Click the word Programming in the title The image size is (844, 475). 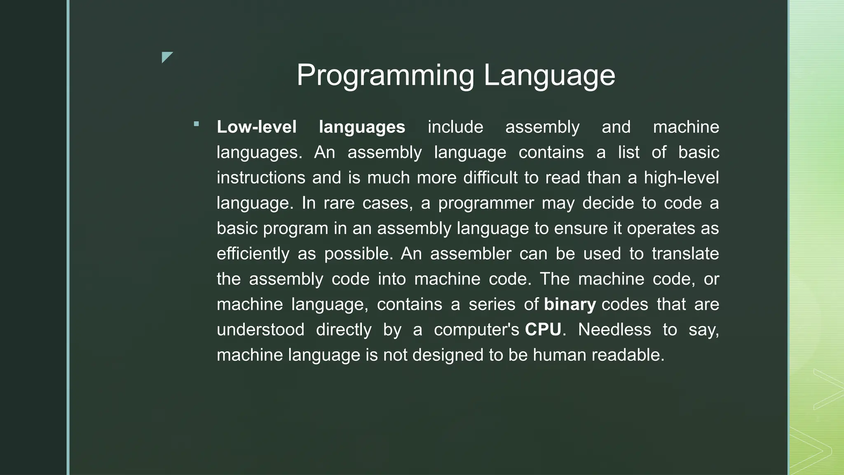coord(385,75)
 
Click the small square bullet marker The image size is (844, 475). coord(196,124)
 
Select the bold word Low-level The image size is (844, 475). coord(256,127)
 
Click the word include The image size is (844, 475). coord(455,127)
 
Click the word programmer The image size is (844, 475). coord(486,203)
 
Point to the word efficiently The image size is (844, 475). coord(253,254)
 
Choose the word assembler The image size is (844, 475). coord(471,254)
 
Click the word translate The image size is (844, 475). coord(685,254)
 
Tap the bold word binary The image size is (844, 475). coord(570,305)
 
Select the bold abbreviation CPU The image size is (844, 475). coord(543,330)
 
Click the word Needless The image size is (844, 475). coord(614,330)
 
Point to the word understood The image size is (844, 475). coord(260,330)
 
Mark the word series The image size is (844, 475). coord(492,305)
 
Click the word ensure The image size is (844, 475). coord(581,228)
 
